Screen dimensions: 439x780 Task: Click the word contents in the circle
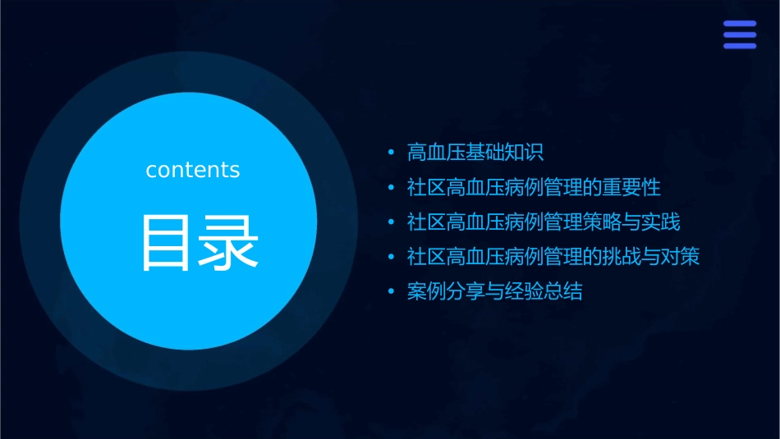(193, 170)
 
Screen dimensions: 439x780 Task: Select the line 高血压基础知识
(475, 153)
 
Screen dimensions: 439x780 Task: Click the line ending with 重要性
(534, 188)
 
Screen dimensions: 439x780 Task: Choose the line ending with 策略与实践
(544, 222)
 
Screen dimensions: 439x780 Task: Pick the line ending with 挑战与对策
(553, 257)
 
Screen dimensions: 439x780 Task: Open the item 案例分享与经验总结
(495, 292)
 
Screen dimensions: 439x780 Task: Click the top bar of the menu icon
(740, 24)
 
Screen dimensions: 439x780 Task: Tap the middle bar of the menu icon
(740, 34)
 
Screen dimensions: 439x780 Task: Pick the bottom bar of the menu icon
(740, 46)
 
